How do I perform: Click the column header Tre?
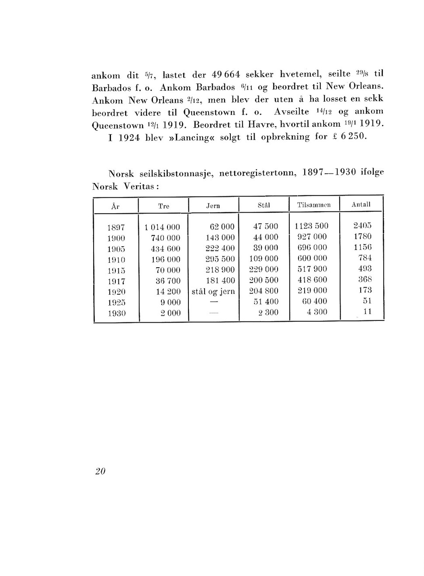(x=163, y=206)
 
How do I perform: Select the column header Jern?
(x=213, y=206)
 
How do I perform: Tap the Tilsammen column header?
(x=314, y=205)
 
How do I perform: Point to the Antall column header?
(x=361, y=204)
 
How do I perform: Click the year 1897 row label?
(x=116, y=228)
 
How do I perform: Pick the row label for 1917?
(x=116, y=281)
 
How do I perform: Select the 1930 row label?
(x=116, y=313)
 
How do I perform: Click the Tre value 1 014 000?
(x=162, y=228)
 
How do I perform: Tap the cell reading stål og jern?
(x=213, y=291)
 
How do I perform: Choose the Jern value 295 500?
(x=220, y=259)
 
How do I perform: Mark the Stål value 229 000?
(x=263, y=269)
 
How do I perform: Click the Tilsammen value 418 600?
(x=312, y=280)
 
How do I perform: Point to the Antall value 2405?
(x=362, y=226)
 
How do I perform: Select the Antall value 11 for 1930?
(x=367, y=311)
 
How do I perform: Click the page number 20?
(x=100, y=471)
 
